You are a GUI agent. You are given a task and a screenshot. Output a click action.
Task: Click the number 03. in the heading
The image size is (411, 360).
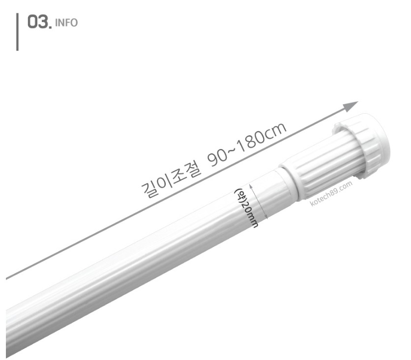point(40,22)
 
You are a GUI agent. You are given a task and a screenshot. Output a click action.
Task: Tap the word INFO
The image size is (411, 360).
point(66,23)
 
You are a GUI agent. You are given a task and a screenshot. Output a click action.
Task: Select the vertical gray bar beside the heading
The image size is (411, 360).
point(17,32)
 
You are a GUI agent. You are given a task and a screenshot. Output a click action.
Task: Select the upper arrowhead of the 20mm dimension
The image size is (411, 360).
point(251,186)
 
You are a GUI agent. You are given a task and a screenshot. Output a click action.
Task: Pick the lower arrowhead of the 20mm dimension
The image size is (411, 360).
point(266,216)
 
